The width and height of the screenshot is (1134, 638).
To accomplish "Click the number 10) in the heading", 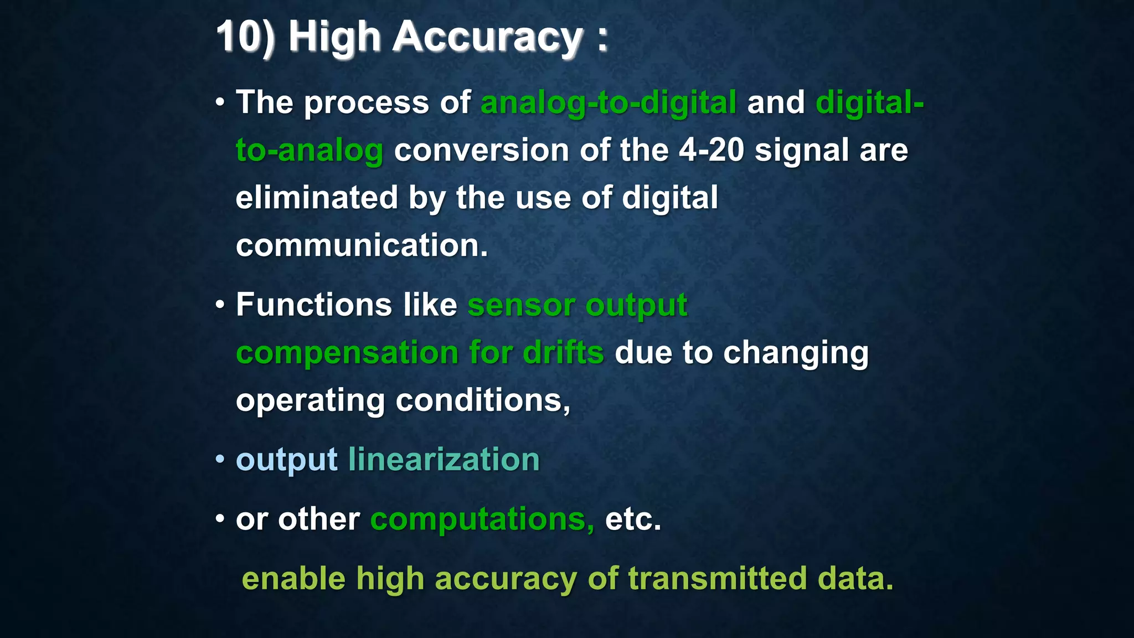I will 245,37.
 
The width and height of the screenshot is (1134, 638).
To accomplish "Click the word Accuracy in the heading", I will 487,37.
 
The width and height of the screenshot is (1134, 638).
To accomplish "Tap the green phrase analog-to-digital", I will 608,103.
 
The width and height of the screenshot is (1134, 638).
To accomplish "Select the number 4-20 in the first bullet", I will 711,150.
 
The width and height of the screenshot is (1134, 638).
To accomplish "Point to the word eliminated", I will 317,198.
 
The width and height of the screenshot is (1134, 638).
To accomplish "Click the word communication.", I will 361,245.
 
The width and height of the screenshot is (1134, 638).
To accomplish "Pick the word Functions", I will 313,305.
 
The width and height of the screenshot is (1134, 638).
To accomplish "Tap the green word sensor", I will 521,305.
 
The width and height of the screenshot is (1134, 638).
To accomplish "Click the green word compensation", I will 347,353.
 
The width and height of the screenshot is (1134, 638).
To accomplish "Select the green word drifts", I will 563,353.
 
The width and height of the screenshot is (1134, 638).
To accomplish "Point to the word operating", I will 310,400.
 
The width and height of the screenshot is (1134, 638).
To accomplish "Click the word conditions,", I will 483,400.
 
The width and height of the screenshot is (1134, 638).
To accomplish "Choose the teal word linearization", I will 444,460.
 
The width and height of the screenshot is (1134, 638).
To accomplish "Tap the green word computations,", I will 482,519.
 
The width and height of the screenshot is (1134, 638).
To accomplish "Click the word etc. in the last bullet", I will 633,519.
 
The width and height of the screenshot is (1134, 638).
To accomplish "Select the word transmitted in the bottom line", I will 717,579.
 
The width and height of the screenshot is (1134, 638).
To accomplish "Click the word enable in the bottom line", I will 293,579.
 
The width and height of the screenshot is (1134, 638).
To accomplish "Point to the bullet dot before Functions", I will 220,305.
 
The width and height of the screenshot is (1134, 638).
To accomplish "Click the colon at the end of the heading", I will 602,39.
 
